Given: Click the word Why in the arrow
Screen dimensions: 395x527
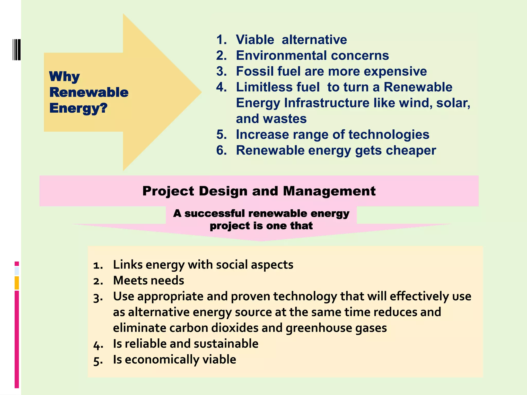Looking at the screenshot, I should coord(64,76).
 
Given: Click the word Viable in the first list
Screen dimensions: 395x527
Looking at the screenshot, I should coord(255,40).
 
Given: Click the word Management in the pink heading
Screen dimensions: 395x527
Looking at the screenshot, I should coord(329,191).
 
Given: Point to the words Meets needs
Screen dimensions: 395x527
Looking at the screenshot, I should coord(148,280).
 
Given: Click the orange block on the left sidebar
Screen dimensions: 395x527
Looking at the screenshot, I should coord(17,283).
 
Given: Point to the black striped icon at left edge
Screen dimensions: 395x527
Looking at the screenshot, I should coord(16,50).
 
